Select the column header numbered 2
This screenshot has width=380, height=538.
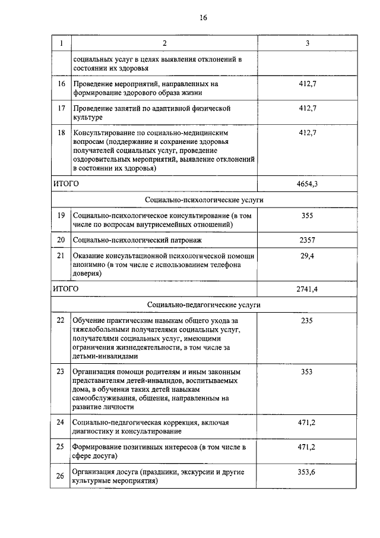pos(164,43)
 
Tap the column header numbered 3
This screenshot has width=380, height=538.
pos(307,43)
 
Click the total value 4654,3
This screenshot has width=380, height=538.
pos(307,184)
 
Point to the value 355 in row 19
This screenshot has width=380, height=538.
pos(307,215)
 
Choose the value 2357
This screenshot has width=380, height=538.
pos(307,240)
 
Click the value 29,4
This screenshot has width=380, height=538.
pos(307,256)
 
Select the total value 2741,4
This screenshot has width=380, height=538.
pos(307,289)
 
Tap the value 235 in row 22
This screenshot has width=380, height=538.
pos(307,320)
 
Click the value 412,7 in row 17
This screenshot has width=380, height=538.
pos(307,109)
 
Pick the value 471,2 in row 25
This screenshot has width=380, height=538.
pos(307,446)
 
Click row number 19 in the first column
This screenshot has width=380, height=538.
pos(60,215)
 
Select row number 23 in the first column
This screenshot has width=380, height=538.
pos(60,372)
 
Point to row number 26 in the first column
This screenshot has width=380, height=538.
pos(60,476)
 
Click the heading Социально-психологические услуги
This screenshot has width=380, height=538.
pos(204,200)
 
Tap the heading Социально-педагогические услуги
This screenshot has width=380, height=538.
pos(204,304)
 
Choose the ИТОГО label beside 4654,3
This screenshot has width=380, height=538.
pos(66,184)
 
